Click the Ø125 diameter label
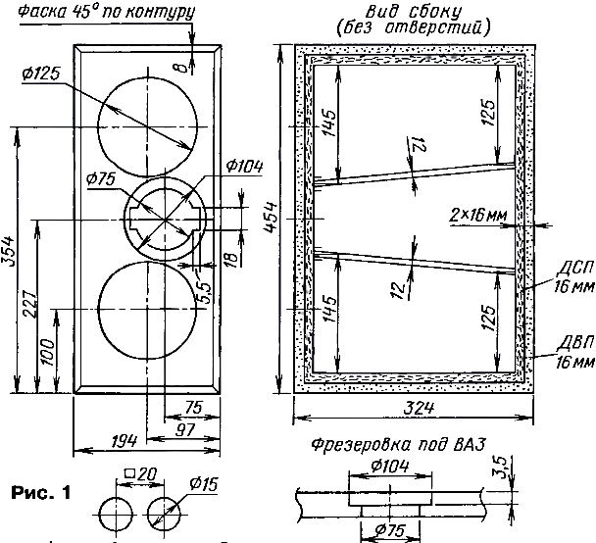tap(41, 74)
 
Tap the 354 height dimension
tap(8, 252)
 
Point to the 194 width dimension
tap(124, 441)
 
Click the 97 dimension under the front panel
tap(185, 429)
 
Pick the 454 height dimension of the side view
tap(271, 218)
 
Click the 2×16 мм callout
tap(478, 216)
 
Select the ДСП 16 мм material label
tap(574, 277)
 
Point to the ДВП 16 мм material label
tap(575, 353)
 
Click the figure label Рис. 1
tap(40, 493)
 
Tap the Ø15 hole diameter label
tap(203, 484)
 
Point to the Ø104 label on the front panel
tap(244, 167)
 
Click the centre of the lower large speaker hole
tap(147, 310)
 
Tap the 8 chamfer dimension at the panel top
tap(183, 67)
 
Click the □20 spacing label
tap(140, 473)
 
